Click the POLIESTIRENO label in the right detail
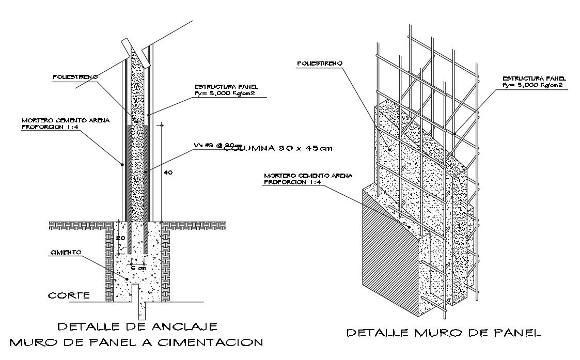click(x=319, y=64)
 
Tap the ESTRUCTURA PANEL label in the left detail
click(x=226, y=87)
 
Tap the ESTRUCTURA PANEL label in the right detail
click(x=532, y=78)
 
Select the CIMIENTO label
click(x=66, y=253)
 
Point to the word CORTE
click(x=69, y=296)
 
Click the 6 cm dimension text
click(x=137, y=268)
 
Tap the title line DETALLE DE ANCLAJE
click(x=137, y=326)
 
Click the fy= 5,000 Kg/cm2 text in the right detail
click(x=532, y=84)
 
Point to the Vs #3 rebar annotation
click(x=212, y=145)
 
